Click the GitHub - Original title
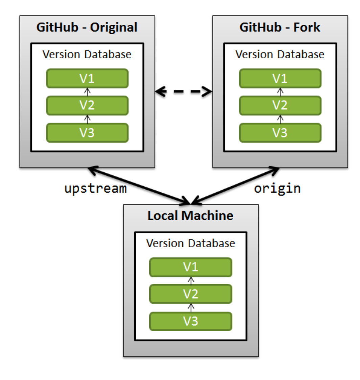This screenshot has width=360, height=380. [x=87, y=27]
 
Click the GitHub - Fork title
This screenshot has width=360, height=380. [x=280, y=27]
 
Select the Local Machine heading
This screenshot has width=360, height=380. [x=190, y=216]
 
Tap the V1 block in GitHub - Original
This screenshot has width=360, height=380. [x=87, y=78]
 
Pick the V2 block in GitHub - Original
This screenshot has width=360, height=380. [x=87, y=105]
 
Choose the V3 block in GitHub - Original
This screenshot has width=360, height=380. [x=87, y=132]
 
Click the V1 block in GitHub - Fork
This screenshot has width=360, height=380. [x=280, y=78]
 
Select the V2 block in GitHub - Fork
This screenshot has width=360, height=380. [x=280, y=105]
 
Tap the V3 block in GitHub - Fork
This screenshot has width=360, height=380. [x=280, y=132]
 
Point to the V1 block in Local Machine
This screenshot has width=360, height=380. [x=190, y=267]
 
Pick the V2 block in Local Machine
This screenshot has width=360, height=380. [x=190, y=294]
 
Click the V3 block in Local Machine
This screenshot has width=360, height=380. [x=190, y=321]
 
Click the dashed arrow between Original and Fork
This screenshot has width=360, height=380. [x=183, y=91]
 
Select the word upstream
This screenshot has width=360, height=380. [x=95, y=188]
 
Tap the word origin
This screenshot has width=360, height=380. [x=277, y=188]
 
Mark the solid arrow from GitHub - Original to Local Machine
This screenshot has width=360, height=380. [x=139, y=186]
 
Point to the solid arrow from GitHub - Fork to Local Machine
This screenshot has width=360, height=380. [x=235, y=186]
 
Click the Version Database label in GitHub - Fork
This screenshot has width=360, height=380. [x=280, y=54]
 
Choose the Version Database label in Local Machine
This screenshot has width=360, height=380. [x=190, y=243]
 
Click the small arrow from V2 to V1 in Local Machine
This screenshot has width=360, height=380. [x=191, y=280]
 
